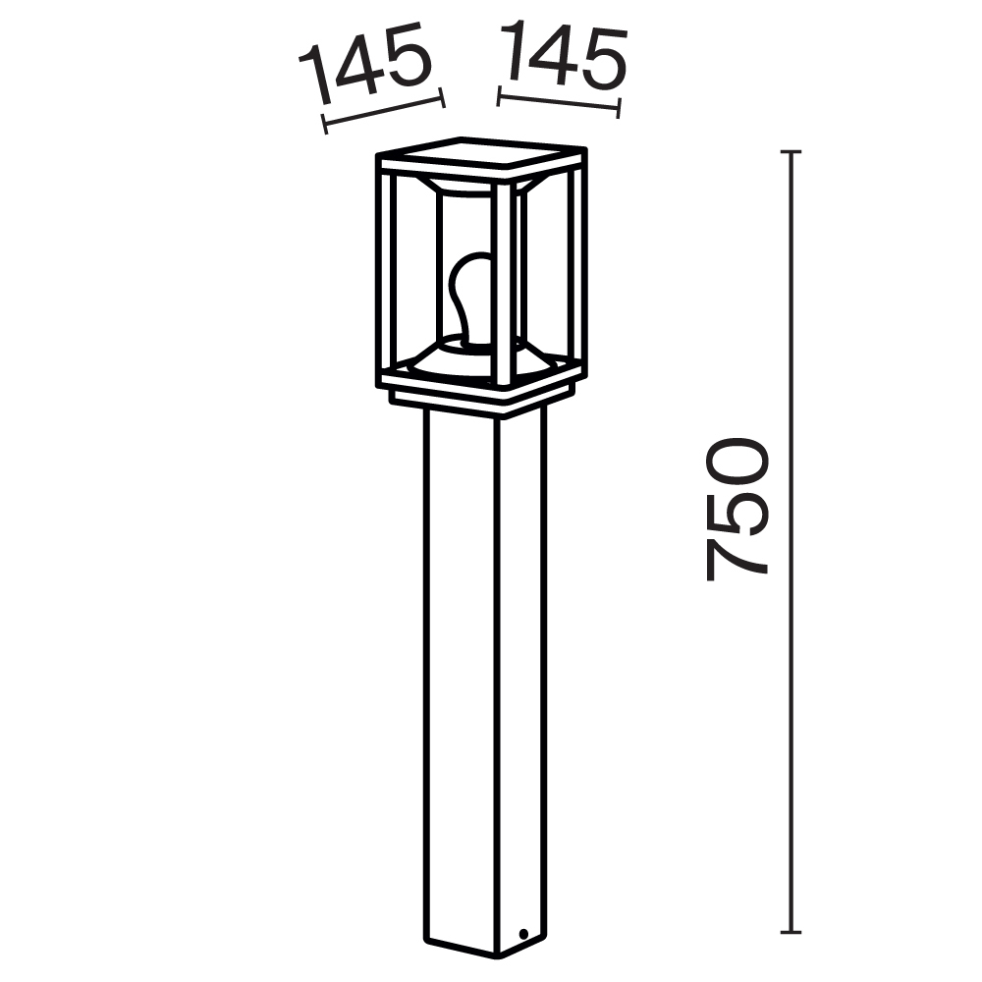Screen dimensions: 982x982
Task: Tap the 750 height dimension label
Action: click(736, 509)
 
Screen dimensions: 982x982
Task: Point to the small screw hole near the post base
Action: click(524, 933)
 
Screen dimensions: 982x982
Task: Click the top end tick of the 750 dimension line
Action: click(791, 152)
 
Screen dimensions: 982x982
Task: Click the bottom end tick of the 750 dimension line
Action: click(791, 931)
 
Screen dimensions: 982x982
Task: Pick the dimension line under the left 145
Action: click(383, 110)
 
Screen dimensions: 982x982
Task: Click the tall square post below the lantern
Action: click(481, 678)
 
